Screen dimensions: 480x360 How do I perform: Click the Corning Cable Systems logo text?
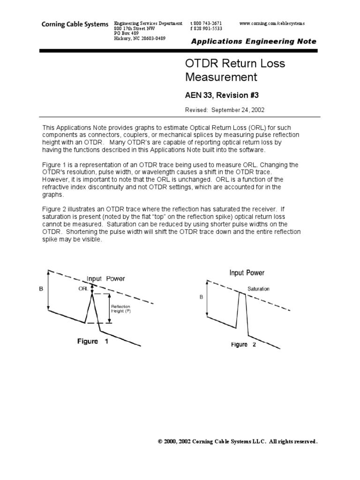75,24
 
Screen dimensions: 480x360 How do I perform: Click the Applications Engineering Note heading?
253,41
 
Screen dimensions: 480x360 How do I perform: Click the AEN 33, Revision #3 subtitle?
220,95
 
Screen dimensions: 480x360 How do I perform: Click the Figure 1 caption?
93,341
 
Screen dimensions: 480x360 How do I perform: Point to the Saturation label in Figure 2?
258,289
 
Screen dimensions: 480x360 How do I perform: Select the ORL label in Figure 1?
82,289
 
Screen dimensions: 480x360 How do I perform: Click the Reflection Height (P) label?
120,307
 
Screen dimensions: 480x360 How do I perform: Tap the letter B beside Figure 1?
41,290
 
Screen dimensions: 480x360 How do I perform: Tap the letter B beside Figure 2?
201,296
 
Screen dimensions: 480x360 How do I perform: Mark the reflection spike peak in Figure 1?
92,293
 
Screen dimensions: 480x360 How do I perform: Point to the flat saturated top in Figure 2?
241,292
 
